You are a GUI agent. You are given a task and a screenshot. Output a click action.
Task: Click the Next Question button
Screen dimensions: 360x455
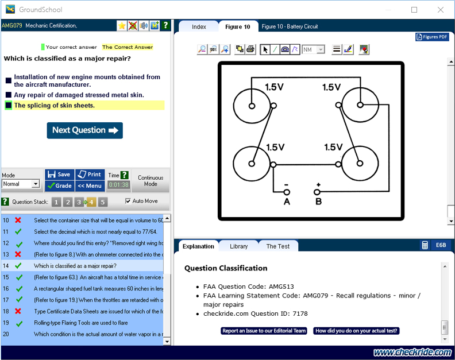click(x=84, y=130)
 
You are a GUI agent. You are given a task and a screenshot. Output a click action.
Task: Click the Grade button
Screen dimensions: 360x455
click(x=59, y=185)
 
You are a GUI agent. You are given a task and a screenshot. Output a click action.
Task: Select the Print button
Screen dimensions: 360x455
click(x=90, y=175)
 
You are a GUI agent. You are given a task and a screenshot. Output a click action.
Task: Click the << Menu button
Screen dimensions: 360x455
click(x=90, y=185)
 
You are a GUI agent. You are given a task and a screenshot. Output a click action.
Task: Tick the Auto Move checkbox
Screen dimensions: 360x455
click(x=128, y=201)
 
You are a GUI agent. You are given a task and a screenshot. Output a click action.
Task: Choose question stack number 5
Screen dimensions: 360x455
click(x=103, y=202)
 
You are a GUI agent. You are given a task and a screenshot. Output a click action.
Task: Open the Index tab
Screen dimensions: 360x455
click(x=199, y=27)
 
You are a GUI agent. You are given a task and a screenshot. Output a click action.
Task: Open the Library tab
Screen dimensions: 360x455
click(x=238, y=246)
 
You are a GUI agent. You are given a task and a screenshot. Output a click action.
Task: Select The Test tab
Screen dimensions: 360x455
click(x=277, y=246)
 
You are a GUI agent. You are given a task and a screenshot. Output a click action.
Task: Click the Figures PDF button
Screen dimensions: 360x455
click(x=431, y=37)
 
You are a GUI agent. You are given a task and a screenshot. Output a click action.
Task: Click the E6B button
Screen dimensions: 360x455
click(x=441, y=245)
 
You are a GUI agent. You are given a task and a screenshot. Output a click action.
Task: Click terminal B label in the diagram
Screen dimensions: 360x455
click(x=318, y=202)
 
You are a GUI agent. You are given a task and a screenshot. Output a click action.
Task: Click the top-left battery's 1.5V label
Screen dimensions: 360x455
click(x=275, y=87)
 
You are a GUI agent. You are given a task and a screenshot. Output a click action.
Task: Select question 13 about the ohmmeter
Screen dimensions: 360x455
click(x=98, y=254)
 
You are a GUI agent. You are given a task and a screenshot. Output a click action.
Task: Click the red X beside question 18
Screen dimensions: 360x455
click(x=18, y=312)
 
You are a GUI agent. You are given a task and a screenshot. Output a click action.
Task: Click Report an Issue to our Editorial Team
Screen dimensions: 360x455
click(x=264, y=331)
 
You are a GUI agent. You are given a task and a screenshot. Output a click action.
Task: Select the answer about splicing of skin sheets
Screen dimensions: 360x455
click(x=55, y=106)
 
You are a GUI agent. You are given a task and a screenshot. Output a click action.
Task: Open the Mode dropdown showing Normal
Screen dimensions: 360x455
click(x=21, y=184)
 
